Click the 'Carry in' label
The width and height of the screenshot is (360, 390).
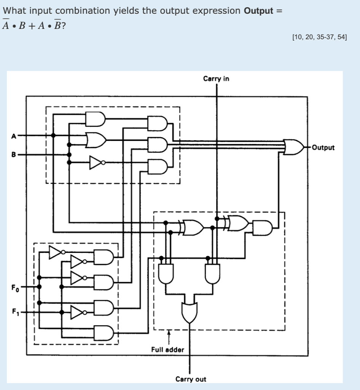[216, 79]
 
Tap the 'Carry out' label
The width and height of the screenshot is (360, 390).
[191, 379]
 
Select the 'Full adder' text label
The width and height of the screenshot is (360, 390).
[167, 349]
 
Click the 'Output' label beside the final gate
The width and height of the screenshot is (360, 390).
[323, 147]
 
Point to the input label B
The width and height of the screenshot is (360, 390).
[14, 155]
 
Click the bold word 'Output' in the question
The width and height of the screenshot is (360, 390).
[258, 11]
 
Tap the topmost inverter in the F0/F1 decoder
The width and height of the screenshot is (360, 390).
[57, 251]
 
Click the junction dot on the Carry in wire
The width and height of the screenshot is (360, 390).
[217, 219]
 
